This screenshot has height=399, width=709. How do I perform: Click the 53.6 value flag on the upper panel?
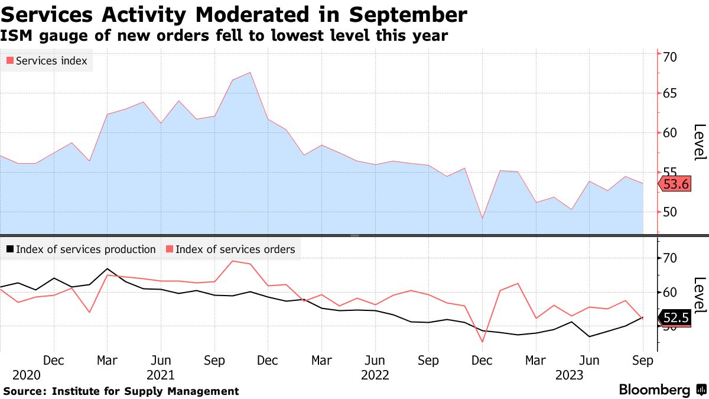[x=675, y=184]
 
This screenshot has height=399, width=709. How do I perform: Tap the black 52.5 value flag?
[x=675, y=318]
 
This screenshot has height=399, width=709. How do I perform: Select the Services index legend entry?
[x=47, y=61]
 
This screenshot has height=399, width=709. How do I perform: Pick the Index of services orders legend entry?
[x=230, y=249]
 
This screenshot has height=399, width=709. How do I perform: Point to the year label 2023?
[x=569, y=375]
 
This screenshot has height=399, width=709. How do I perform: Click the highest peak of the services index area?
[x=251, y=73]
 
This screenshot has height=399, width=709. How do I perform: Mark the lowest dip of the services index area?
[x=482, y=219]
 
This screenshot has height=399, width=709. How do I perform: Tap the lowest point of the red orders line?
[x=482, y=342]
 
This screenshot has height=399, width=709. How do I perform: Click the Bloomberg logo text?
[x=654, y=390]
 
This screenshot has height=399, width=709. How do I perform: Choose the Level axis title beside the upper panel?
[x=700, y=142]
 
